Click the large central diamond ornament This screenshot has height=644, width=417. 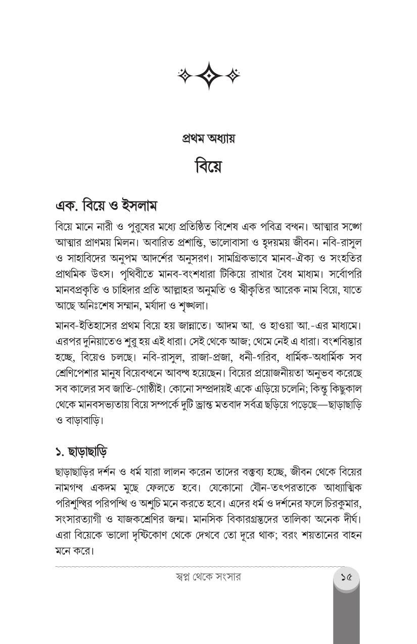[209, 76]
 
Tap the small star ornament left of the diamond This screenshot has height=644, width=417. [185, 76]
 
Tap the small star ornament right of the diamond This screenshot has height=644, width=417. [233, 76]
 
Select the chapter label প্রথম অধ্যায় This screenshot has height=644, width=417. [208, 138]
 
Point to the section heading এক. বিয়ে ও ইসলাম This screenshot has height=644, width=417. [107, 206]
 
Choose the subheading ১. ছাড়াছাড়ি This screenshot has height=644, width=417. [81, 451]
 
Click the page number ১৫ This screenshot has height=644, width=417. [346, 576]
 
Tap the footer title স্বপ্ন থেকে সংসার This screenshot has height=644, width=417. [208, 576]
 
